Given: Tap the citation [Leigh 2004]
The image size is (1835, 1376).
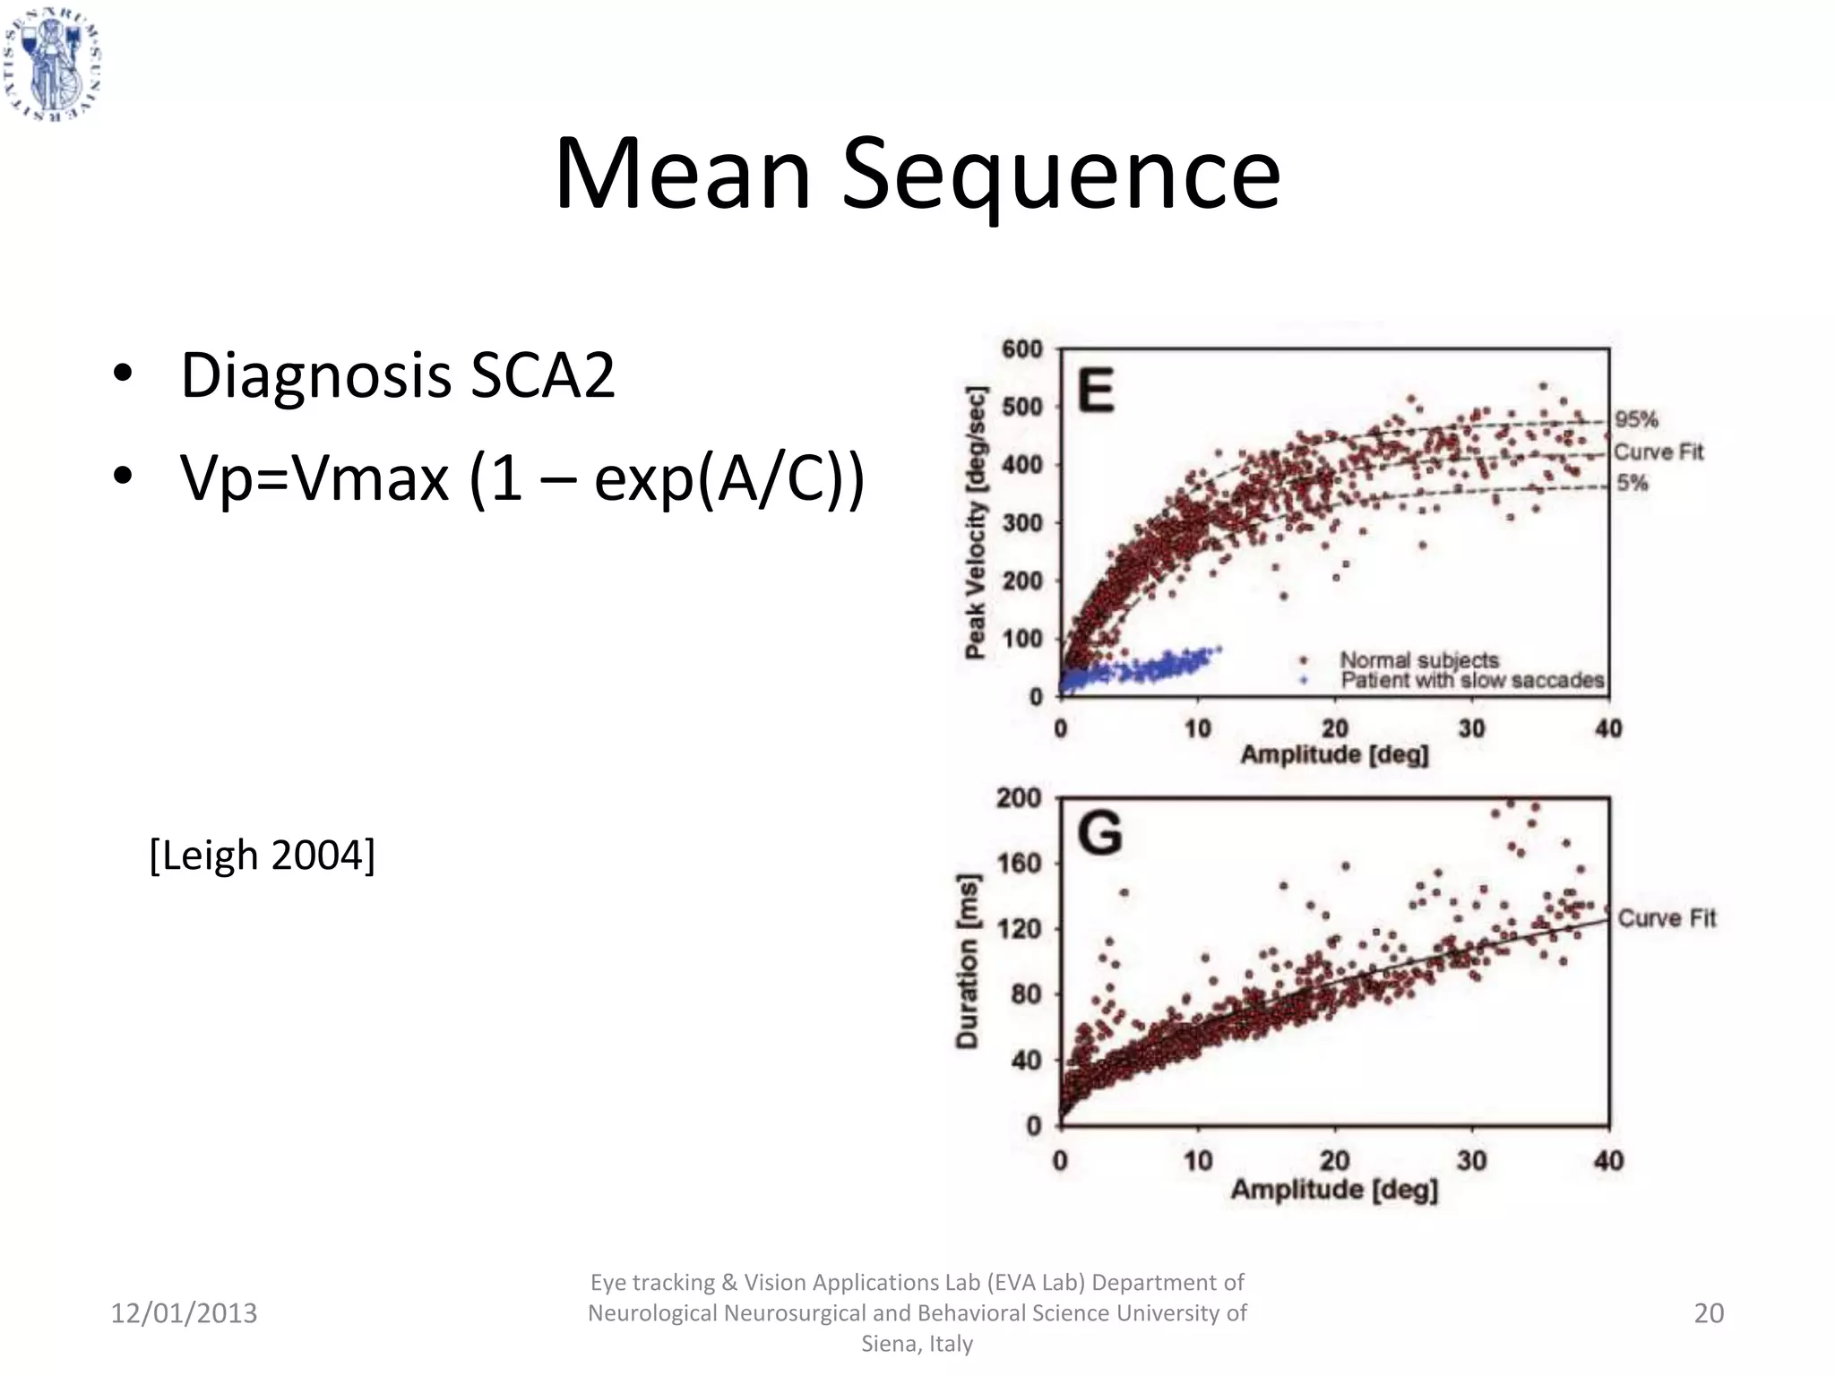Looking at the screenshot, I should pyautogui.click(x=262, y=856).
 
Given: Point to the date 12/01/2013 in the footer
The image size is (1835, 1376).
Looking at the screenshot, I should pyautogui.click(x=184, y=1313).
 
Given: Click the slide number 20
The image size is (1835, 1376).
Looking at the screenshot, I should pyautogui.click(x=1708, y=1313).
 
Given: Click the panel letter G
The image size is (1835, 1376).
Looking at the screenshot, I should pyautogui.click(x=1099, y=833).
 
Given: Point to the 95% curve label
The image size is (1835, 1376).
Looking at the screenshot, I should pyautogui.click(x=1636, y=419).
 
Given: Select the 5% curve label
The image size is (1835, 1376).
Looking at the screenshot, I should pyautogui.click(x=1633, y=484).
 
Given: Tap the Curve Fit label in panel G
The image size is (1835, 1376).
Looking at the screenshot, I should pyautogui.click(x=1667, y=918).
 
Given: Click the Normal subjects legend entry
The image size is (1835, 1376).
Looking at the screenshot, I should pyautogui.click(x=1418, y=660).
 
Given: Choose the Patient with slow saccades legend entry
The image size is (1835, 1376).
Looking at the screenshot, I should pyautogui.click(x=1471, y=681).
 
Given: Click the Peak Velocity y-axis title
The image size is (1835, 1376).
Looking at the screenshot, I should pyautogui.click(x=976, y=522).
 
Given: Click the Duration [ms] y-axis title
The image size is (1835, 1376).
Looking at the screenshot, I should pyautogui.click(x=968, y=960).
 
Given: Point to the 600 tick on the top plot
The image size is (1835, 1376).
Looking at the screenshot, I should pyautogui.click(x=1021, y=349).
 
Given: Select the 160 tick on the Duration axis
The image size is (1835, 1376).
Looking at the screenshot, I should pyautogui.click(x=1020, y=864).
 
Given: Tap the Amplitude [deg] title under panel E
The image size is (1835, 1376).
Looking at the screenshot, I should pyautogui.click(x=1333, y=755).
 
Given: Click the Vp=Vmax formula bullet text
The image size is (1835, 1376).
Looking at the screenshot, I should pyautogui.click(x=522, y=478).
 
